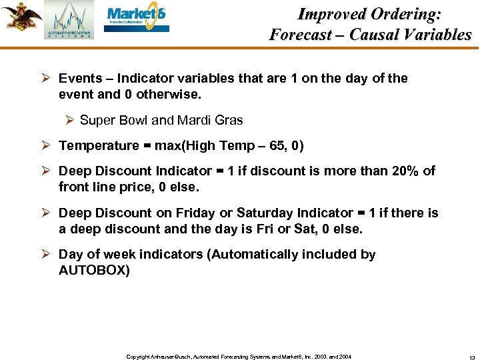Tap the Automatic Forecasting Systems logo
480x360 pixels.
coord(69,20)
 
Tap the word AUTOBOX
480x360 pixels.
coord(94,270)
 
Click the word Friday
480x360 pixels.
coord(197,213)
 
